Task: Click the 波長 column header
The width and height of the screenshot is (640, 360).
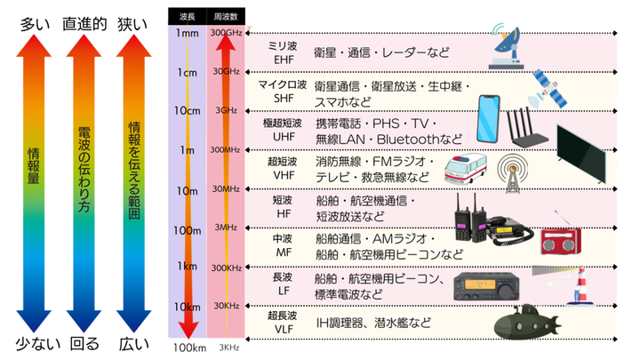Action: [187, 15]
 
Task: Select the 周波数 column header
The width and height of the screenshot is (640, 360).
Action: [226, 15]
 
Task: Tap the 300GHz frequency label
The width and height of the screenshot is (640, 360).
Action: [226, 33]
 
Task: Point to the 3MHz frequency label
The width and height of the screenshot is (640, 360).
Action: [226, 228]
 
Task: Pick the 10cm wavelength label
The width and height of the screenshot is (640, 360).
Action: [188, 110]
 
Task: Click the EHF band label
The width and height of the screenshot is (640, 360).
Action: [284, 58]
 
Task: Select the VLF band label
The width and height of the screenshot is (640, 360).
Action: [284, 328]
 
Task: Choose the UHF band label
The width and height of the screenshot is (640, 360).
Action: [284, 138]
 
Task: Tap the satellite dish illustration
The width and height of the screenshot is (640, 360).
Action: [513, 52]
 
